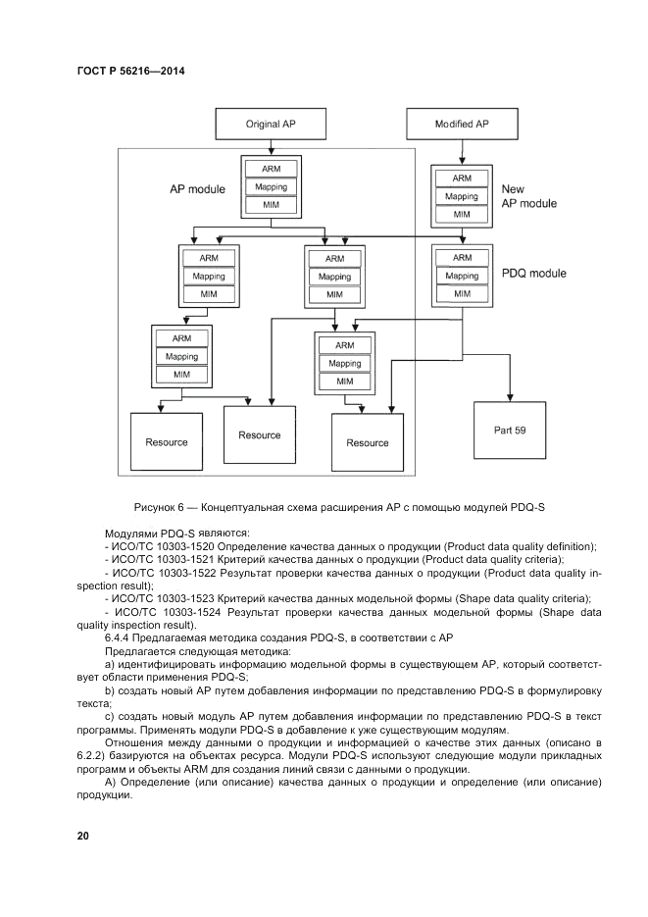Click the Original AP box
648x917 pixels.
269,125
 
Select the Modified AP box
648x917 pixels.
461,125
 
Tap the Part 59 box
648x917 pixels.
513,429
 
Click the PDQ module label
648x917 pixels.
533,273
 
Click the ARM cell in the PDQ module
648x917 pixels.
462,259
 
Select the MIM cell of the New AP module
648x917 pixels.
462,214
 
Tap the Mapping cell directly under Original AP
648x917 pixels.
271,186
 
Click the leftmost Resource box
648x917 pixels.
166,442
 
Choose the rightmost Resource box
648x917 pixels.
368,442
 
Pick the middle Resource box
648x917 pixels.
259,434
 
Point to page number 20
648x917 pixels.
82,836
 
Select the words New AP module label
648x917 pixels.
528,196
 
